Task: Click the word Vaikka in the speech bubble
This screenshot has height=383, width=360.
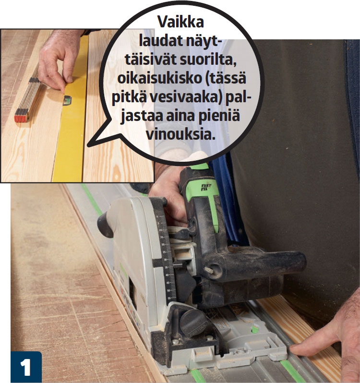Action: [x=180, y=22]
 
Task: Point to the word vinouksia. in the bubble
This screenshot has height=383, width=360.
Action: [x=180, y=134]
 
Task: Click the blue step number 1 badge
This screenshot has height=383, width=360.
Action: [x=26, y=367]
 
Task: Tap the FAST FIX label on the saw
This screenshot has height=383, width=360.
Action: [x=206, y=187]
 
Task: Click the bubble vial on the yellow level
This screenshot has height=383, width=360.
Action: [x=67, y=100]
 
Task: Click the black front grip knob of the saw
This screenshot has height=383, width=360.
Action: [x=106, y=225]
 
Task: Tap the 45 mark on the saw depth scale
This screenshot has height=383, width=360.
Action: [x=168, y=283]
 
